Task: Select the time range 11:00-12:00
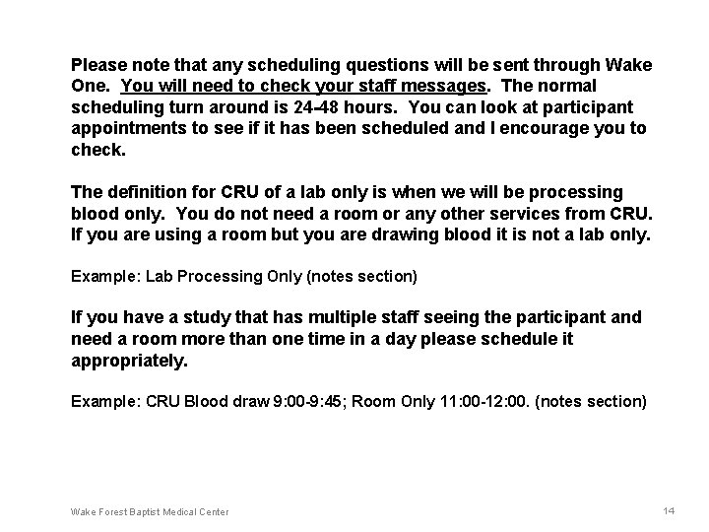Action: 490,402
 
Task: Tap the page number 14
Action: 670,511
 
